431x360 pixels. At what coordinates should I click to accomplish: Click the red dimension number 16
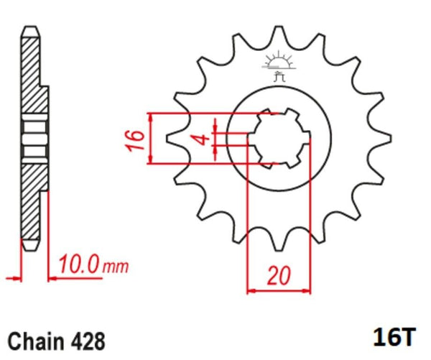135,140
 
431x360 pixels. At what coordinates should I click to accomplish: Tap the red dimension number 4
203,139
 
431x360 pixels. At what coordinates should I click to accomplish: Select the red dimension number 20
279,275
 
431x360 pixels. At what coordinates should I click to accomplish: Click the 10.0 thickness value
78,264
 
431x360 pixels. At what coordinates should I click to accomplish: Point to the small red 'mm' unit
116,267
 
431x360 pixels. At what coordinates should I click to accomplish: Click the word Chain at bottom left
35,341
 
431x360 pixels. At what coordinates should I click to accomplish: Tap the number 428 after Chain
88,341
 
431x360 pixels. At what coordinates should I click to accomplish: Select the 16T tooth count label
394,336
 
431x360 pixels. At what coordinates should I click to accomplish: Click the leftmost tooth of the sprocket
175,139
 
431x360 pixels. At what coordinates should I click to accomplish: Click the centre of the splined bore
279,138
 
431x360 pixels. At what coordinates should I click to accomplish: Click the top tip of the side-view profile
30,27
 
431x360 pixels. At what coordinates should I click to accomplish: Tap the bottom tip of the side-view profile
30,250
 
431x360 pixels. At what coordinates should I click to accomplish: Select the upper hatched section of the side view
34,75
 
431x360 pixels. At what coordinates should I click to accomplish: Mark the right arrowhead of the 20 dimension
307,291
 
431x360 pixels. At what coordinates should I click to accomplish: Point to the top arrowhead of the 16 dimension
150,117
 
